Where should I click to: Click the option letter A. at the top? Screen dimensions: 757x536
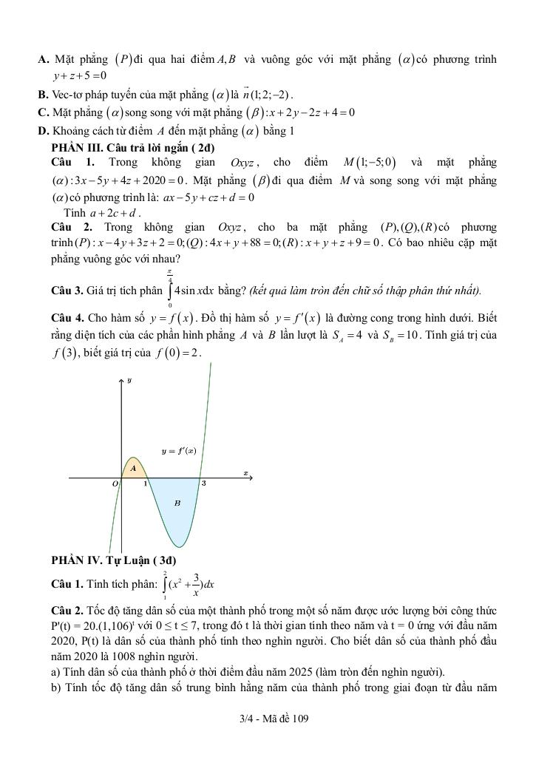click(43, 59)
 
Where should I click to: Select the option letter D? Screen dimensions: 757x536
click(43, 131)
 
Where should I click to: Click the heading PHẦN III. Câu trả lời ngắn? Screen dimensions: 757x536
click(125, 146)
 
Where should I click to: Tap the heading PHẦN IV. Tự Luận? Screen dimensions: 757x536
click(114, 560)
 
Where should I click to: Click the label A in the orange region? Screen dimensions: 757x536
click(133, 467)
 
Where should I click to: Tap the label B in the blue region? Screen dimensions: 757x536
click(177, 503)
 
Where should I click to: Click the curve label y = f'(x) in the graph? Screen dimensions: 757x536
click(179, 450)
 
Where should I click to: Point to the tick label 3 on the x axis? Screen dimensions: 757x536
click(204, 483)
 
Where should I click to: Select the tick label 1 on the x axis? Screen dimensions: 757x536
click(145, 483)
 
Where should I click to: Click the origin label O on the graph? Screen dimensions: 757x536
click(115, 483)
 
